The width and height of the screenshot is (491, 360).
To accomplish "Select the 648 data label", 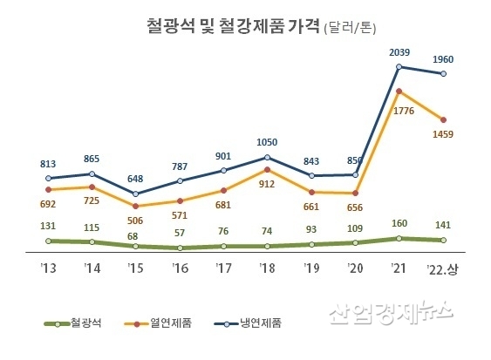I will [136, 179].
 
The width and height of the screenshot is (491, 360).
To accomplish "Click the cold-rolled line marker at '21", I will [399, 67].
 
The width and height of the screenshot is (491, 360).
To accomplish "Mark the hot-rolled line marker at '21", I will [399, 91].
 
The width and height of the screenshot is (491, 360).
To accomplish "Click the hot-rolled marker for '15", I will [135, 207].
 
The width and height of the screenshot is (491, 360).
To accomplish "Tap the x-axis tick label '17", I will [223, 268].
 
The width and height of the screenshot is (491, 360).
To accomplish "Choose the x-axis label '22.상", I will [443, 268].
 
